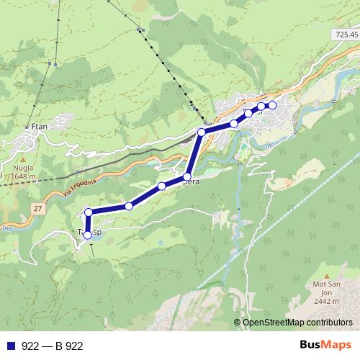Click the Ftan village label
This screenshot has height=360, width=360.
(40, 127)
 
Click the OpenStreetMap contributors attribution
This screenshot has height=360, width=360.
(297, 322)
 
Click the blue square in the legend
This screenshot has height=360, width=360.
(11, 346)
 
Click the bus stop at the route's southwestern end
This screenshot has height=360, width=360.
(88, 235)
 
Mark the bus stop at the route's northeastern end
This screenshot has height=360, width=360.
(272, 106)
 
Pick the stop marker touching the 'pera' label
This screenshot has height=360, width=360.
(187, 176)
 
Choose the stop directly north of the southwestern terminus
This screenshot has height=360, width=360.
(88, 212)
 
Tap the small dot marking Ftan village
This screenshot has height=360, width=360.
(27, 127)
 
